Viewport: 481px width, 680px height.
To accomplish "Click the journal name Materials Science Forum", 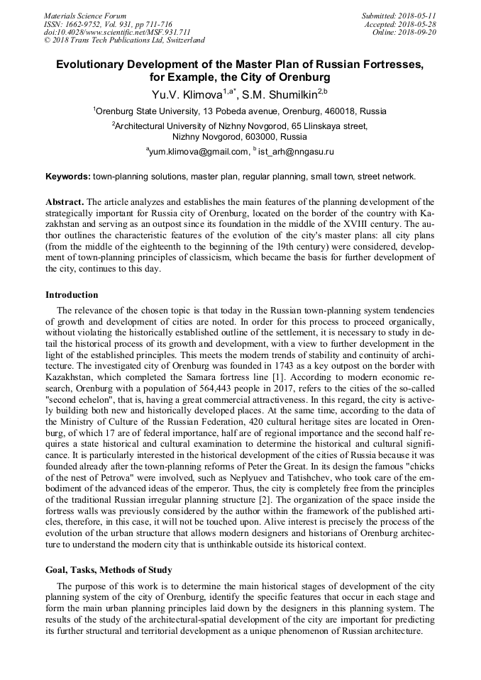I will pyautogui.click(x=85, y=15).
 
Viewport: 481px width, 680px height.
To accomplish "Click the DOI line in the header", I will pyautogui.click(x=117, y=32).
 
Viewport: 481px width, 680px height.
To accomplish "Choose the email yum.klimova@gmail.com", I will pyautogui.click(x=198, y=151).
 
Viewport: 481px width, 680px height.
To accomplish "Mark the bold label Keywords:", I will pyautogui.click(x=68, y=176).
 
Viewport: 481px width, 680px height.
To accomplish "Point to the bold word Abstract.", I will pyautogui.click(x=65, y=201).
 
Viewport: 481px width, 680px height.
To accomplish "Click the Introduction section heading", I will pyautogui.click(x=72, y=294).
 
